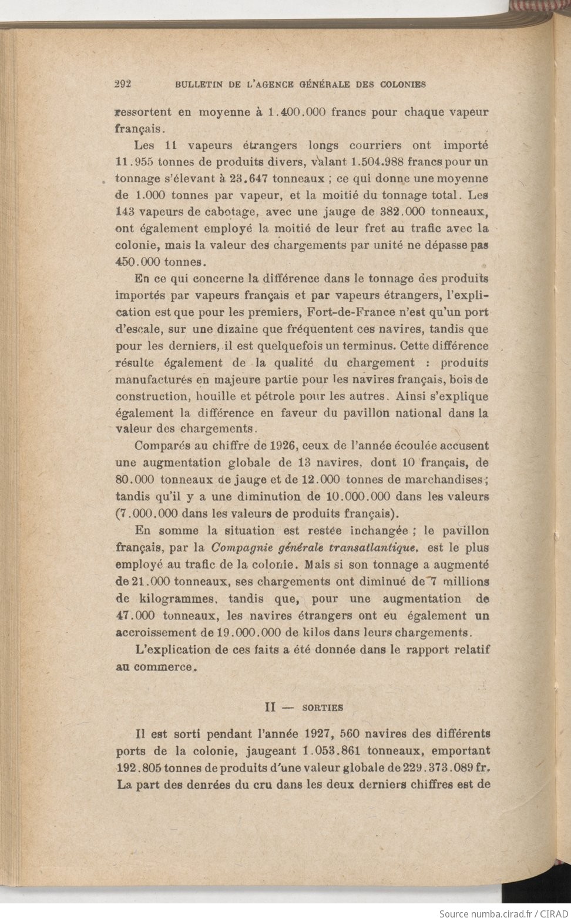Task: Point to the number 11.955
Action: [135, 162]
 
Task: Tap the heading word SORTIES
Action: [323, 708]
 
